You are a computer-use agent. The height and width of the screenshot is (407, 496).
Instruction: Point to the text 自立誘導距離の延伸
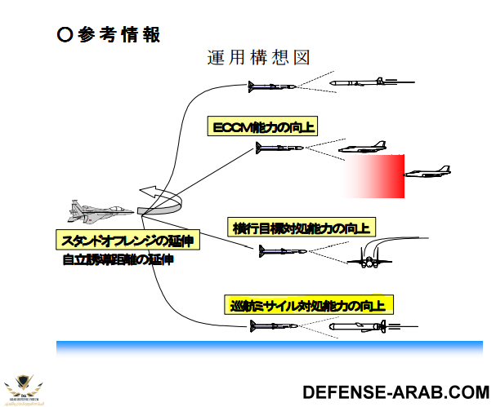[x=118, y=260]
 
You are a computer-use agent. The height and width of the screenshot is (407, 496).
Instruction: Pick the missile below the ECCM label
[x=279, y=148]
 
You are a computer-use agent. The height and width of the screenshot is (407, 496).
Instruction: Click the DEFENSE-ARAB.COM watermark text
[x=395, y=391]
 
